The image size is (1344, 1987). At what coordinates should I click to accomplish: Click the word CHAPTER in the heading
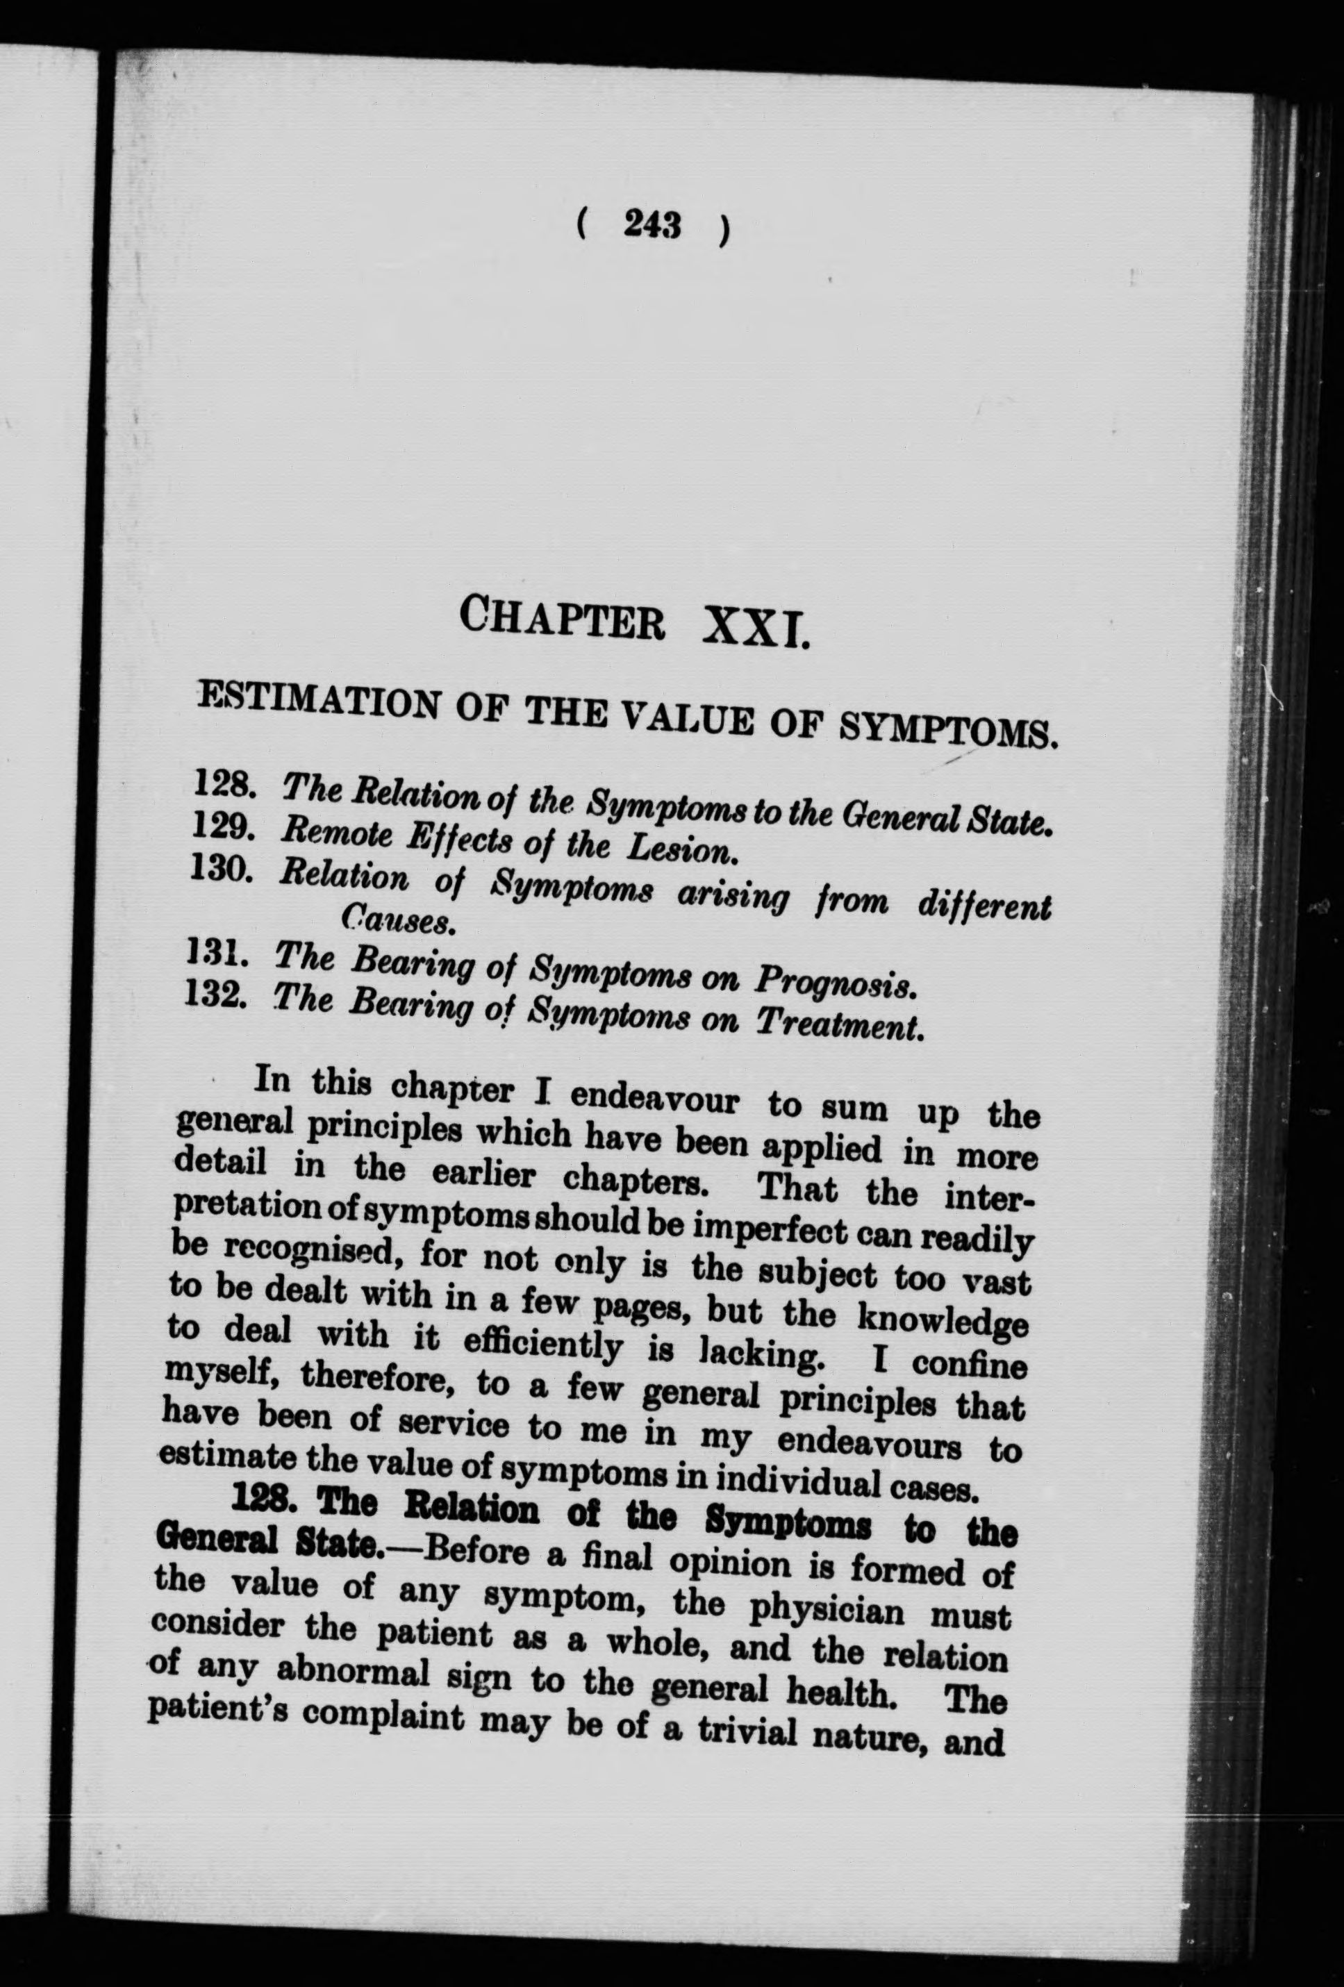[x=562, y=619]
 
